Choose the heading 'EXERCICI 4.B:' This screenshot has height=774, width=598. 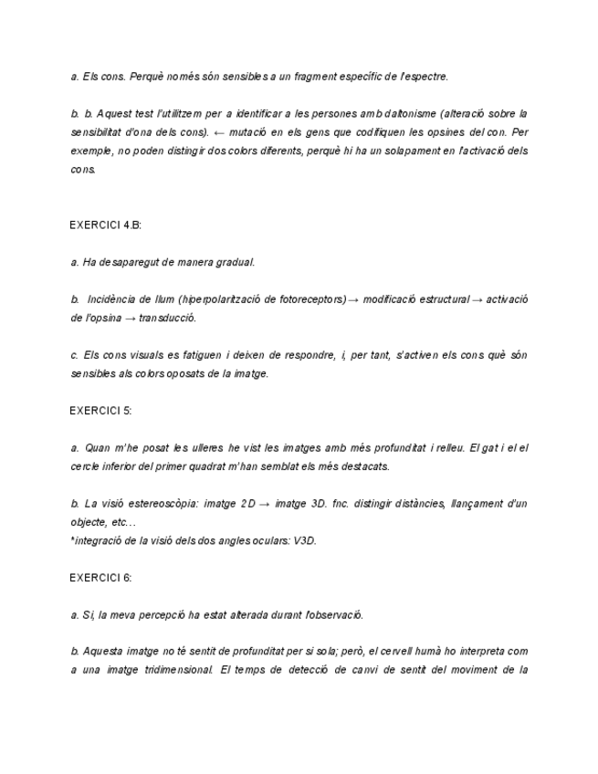coord(105,225)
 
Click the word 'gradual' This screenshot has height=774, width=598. coord(235,262)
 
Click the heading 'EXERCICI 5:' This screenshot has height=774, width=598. coord(100,411)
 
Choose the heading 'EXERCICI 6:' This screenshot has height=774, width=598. coord(100,578)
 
